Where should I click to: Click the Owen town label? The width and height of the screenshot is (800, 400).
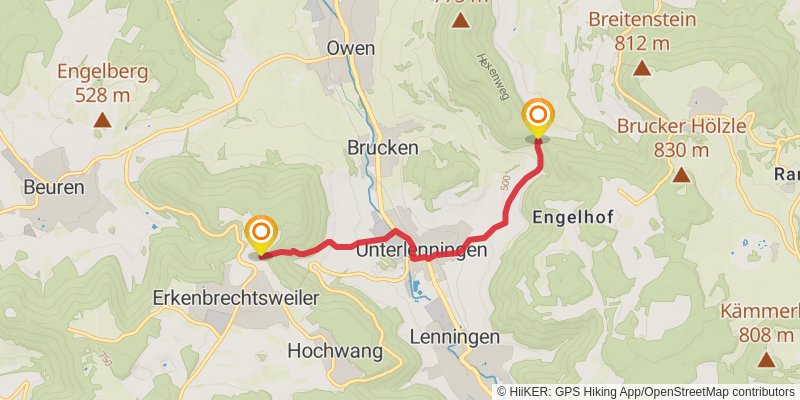click(350, 48)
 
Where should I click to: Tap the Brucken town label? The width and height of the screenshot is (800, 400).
click(382, 146)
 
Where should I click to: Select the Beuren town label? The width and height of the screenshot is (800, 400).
click(53, 187)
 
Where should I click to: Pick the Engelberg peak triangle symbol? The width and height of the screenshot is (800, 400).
click(101, 122)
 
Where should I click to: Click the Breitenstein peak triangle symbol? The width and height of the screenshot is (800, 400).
click(641, 70)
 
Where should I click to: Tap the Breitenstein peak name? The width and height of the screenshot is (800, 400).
click(641, 19)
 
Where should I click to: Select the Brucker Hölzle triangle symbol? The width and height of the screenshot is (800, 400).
click(681, 176)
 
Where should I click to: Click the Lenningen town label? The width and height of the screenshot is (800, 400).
click(454, 337)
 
